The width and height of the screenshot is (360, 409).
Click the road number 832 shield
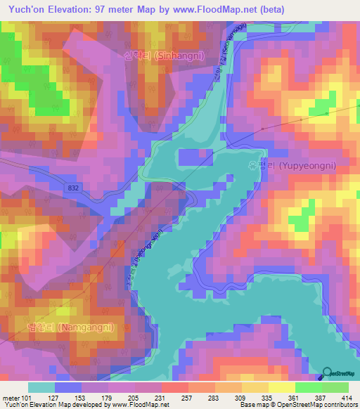click(x=74, y=188)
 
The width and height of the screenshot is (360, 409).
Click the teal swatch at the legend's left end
click(x=41, y=387)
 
